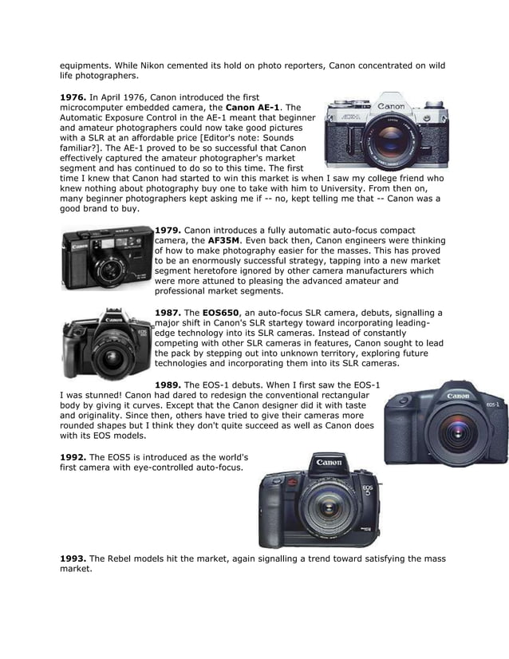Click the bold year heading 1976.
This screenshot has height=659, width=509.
coord(73,97)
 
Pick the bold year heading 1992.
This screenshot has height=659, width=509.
coord(73,457)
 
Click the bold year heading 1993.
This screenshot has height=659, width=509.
coord(73,559)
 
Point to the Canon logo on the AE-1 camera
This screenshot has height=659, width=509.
coord(391,106)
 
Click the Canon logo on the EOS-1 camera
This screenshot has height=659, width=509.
coord(458,396)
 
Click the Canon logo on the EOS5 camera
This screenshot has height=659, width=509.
coord(329,464)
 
